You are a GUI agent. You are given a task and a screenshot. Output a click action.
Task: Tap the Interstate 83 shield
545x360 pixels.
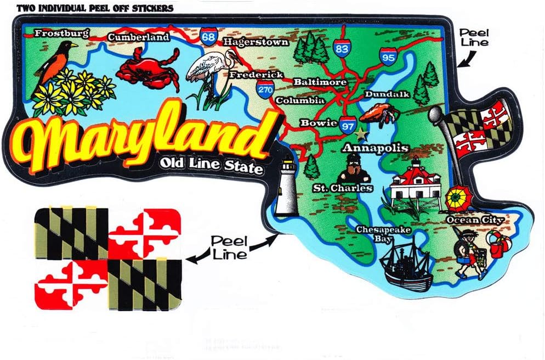coord(341,49)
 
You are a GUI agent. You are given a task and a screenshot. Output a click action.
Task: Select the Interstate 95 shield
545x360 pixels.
coord(388,56)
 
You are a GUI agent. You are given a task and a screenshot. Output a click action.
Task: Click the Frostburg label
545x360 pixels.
coord(61,33)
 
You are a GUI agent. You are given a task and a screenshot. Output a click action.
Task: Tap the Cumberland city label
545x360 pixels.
coord(138,37)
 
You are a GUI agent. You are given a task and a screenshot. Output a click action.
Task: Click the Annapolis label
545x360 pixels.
coord(375,148)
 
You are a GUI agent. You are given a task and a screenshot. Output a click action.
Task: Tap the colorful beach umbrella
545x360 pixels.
coord(456,199)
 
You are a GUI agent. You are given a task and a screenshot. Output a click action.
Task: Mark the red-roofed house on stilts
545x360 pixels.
coord(415,184)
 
